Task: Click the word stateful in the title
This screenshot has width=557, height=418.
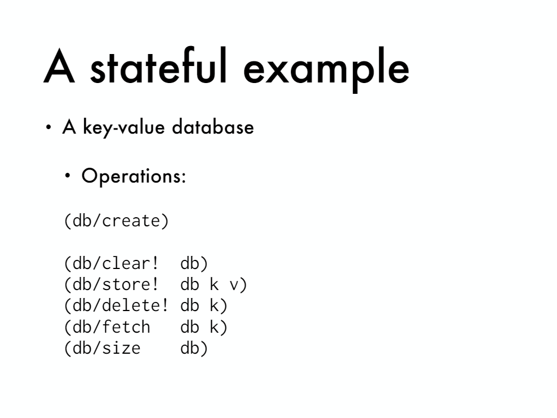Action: click(x=159, y=66)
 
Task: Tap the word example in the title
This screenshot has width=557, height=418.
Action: click(x=326, y=69)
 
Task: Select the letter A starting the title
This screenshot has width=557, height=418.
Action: click(x=59, y=67)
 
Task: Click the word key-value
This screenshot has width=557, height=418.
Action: click(x=124, y=127)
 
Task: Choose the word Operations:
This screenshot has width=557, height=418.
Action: click(x=134, y=176)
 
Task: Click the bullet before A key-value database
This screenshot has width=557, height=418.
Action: click(x=49, y=127)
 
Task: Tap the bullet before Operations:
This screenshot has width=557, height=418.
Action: click(x=68, y=175)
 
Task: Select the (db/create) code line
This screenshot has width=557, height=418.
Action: click(x=116, y=221)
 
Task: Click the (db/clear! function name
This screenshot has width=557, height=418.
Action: click(x=111, y=263)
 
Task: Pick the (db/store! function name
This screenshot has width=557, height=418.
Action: click(x=111, y=285)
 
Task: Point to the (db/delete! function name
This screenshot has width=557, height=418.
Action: click(x=116, y=306)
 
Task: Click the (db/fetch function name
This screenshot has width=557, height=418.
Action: click(x=107, y=327)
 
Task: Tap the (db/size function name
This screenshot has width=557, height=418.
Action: click(x=102, y=348)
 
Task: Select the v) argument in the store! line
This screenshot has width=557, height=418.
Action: click(x=238, y=285)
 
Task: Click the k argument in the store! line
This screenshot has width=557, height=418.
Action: click(x=214, y=284)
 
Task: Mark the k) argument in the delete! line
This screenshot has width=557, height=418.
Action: click(x=218, y=306)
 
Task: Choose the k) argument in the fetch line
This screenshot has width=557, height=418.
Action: click(x=218, y=327)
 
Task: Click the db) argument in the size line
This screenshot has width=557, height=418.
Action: click(x=194, y=348)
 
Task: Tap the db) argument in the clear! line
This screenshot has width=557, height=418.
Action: click(x=194, y=263)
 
